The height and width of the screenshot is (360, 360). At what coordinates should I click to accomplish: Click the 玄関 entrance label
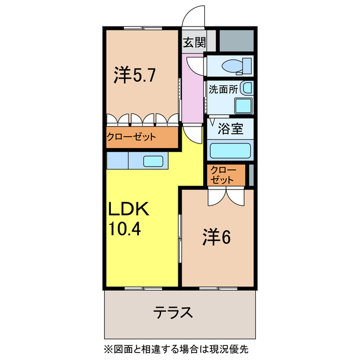tap(193, 42)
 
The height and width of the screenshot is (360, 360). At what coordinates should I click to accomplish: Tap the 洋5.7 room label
tap(132, 74)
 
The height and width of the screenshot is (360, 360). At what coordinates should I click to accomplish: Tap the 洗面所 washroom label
tap(223, 89)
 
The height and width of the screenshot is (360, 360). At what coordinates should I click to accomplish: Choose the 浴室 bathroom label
tap(231, 128)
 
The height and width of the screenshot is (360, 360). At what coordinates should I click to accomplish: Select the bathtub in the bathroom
tap(231, 151)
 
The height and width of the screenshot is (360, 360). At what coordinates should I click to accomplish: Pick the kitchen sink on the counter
tap(153, 161)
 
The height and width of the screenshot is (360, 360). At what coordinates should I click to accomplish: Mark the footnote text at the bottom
tap(175, 349)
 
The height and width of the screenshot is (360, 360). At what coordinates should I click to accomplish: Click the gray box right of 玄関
tap(236, 40)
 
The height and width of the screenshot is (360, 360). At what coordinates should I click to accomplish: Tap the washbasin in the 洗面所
tap(246, 88)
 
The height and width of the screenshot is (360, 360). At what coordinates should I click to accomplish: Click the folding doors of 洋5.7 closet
tap(143, 119)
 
